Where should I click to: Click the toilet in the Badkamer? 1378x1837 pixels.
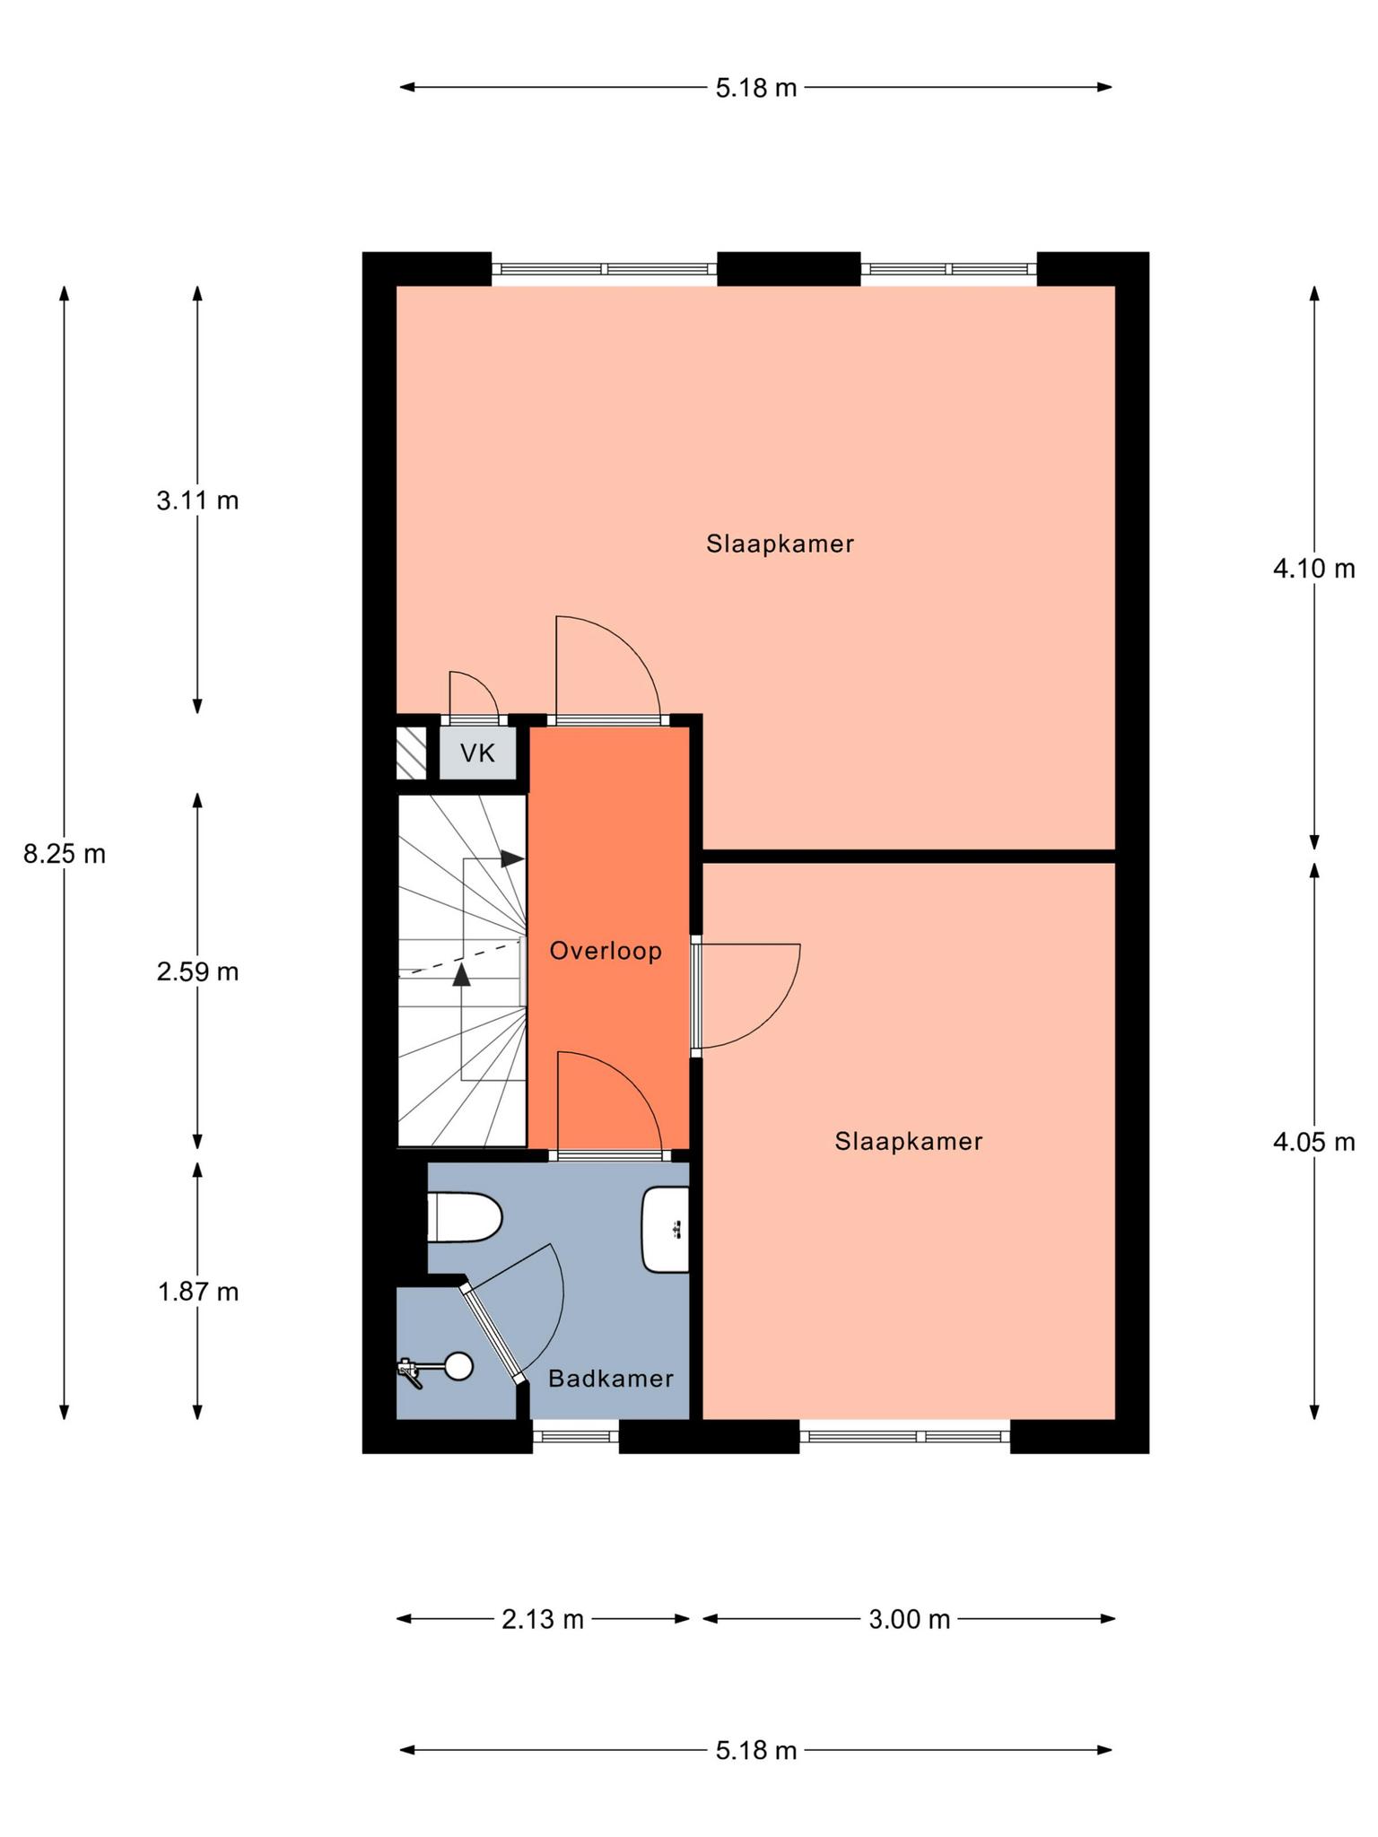tap(464, 1217)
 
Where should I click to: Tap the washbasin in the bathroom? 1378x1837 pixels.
tap(666, 1229)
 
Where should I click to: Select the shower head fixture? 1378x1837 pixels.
tap(435, 1368)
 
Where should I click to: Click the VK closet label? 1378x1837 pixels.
tap(477, 753)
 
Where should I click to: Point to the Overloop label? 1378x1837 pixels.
tap(606, 951)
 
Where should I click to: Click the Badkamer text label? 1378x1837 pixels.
tap(611, 1379)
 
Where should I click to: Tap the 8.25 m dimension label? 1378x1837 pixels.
tap(65, 854)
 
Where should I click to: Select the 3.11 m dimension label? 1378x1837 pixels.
tap(197, 501)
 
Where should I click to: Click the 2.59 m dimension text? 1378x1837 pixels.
tap(197, 971)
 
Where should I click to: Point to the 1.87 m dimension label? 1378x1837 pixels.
tap(197, 1292)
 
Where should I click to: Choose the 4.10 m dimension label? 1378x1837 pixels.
tap(1313, 569)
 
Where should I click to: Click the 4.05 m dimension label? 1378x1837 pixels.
tap(1313, 1142)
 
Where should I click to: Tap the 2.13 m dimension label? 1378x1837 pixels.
tap(543, 1619)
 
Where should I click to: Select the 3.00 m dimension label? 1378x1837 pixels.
tap(909, 1619)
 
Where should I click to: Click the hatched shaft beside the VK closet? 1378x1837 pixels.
tap(411, 753)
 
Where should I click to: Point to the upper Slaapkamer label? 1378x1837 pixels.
tap(780, 544)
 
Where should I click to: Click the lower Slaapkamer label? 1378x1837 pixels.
tap(909, 1141)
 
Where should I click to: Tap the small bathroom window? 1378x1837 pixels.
tap(576, 1436)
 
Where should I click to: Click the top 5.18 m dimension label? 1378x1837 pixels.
tap(756, 88)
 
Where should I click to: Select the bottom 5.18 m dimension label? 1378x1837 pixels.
tap(756, 1750)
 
